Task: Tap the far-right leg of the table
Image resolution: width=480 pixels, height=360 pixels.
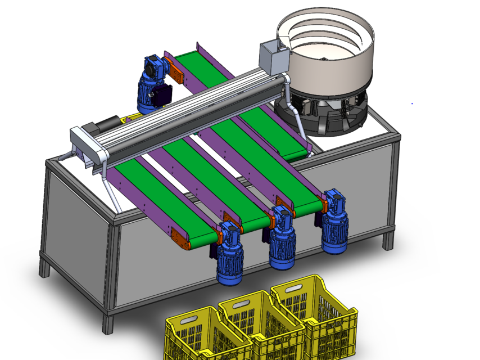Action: click(388, 239)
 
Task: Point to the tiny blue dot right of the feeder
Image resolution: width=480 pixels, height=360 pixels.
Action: click(412, 103)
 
